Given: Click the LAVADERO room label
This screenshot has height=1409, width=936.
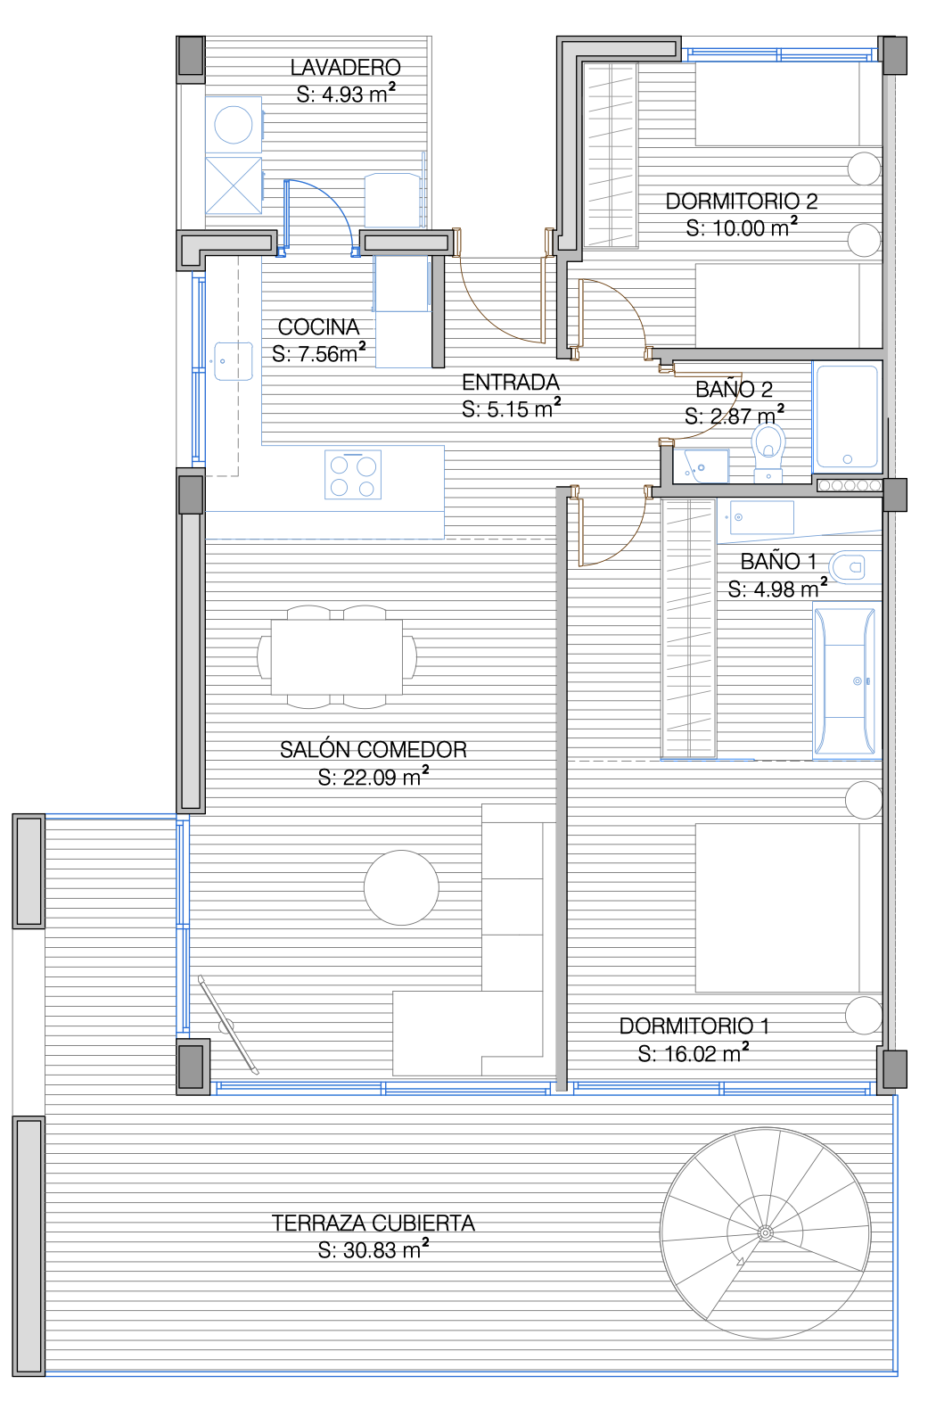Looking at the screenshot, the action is (345, 67).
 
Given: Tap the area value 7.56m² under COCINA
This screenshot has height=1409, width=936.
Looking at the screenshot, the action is (319, 353).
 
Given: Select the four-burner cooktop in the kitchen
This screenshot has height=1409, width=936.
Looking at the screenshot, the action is (353, 475).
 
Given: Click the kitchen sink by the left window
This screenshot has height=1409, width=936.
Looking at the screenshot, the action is (234, 361).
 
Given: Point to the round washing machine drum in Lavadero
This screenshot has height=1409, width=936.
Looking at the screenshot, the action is (234, 125).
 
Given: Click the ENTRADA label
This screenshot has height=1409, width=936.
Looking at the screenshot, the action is (511, 383).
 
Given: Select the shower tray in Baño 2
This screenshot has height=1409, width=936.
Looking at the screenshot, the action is (847, 417).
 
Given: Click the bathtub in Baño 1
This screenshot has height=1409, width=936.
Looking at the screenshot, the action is (845, 680).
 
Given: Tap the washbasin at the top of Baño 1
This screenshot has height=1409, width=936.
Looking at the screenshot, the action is (761, 518).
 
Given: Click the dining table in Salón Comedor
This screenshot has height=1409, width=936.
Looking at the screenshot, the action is (337, 656).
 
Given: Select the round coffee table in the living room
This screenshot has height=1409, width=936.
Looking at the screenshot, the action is (401, 887).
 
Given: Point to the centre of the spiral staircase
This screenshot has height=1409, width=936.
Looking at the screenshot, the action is (765, 1232).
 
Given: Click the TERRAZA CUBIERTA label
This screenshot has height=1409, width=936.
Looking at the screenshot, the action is (373, 1223).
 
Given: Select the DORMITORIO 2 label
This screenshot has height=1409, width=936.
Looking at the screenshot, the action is (742, 202).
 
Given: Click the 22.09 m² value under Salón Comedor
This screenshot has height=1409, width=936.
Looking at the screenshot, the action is (373, 777).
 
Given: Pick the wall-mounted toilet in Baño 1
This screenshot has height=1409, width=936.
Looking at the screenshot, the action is (854, 567).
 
